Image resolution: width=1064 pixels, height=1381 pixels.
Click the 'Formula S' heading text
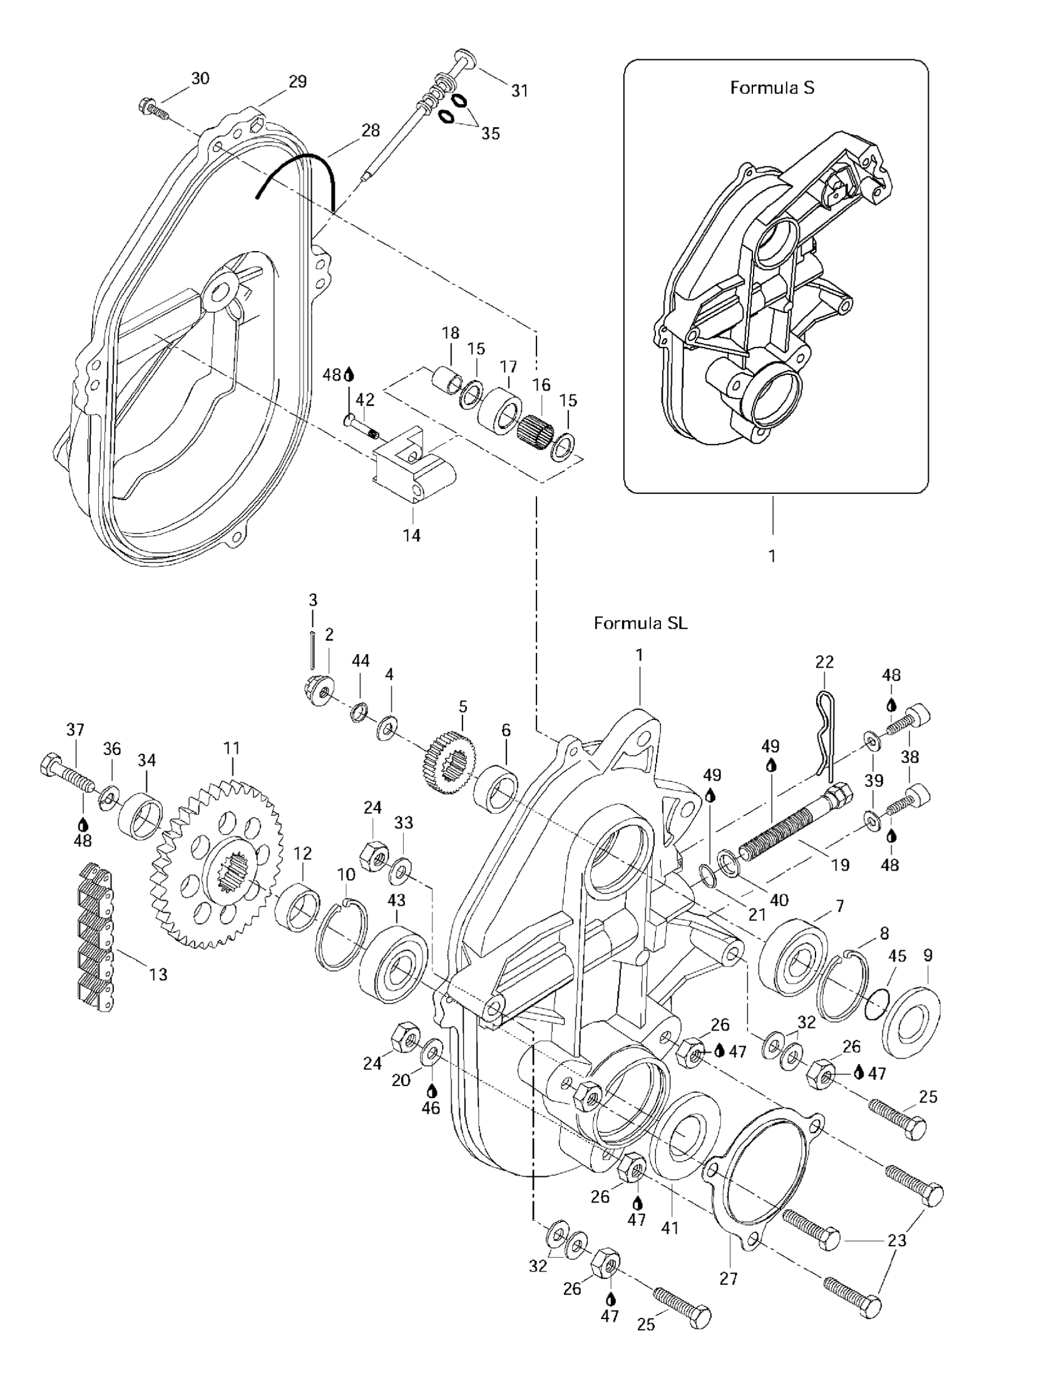click(772, 88)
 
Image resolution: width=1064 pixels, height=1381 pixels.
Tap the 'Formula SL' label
click(640, 624)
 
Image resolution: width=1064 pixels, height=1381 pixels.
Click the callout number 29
click(297, 81)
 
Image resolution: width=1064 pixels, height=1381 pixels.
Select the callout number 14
click(412, 536)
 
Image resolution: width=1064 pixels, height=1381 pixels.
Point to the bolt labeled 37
click(66, 772)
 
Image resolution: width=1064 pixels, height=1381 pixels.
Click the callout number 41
click(670, 1228)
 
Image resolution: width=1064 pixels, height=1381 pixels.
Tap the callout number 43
click(396, 899)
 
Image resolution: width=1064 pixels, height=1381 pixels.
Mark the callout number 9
click(928, 955)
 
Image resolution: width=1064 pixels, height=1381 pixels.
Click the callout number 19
click(840, 865)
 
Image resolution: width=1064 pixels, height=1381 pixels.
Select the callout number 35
click(491, 133)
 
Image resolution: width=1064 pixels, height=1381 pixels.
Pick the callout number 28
click(371, 130)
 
